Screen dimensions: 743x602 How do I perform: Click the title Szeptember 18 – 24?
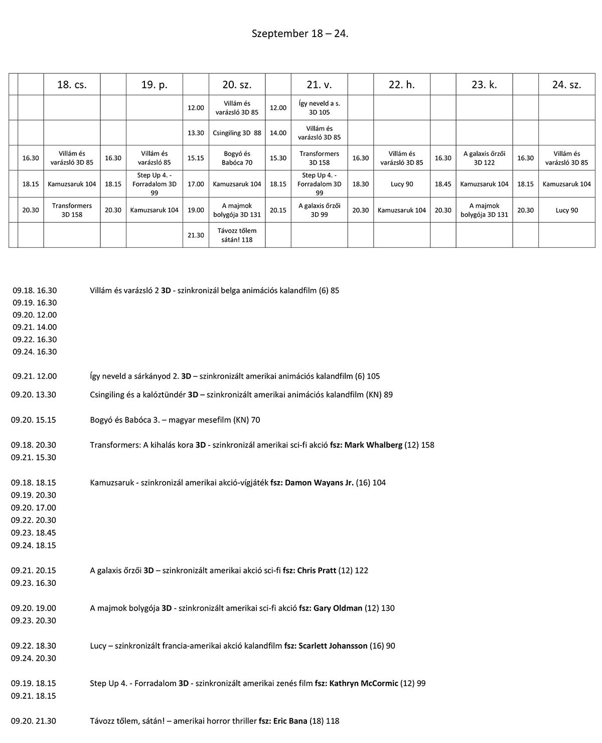300,34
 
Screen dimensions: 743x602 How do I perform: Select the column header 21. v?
319,85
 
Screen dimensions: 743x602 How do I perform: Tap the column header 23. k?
484,85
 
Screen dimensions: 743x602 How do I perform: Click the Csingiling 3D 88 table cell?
237,133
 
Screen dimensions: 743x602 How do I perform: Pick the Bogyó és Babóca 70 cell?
237,158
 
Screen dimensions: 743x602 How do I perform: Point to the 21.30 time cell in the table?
196,235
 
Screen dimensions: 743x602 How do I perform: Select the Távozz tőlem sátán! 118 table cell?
237,235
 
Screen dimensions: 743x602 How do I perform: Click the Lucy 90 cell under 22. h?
402,184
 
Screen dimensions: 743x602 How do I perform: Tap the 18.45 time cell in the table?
443,184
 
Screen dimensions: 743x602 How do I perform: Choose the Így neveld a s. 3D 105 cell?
319,108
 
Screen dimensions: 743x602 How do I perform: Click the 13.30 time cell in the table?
196,133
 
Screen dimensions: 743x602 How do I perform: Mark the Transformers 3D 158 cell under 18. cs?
72,210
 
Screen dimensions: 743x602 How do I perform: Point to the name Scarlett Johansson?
333,646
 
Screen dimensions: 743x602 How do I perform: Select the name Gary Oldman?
338,608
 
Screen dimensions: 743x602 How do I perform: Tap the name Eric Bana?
290,721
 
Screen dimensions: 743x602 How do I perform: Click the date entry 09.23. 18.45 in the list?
34,533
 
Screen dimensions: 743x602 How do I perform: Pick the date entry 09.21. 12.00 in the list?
35,376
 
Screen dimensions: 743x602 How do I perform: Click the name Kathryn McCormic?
364,683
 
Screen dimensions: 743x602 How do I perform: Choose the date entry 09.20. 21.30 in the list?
34,721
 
